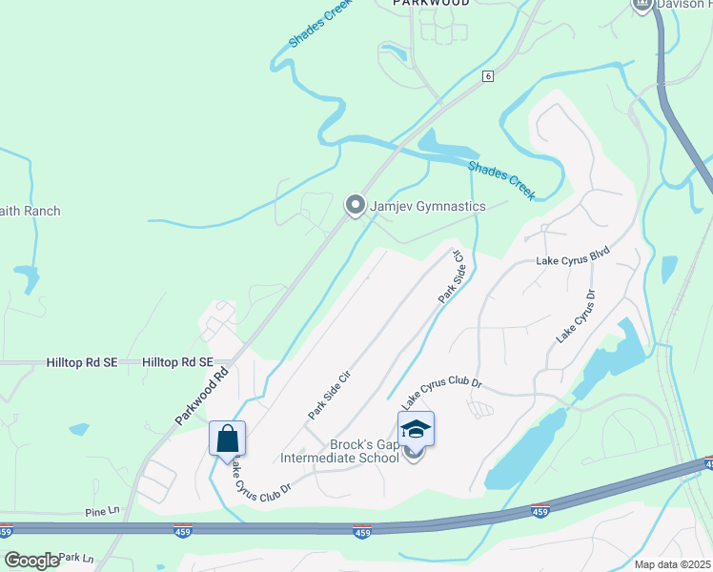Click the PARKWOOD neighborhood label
point(432,4)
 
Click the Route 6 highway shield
point(487,76)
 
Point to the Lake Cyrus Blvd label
point(572,259)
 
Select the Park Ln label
point(76,558)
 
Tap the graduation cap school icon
point(416,429)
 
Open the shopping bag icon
point(227,439)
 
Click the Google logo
point(31,561)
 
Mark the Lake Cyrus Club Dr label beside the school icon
point(441,393)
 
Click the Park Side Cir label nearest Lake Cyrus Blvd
point(450,277)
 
